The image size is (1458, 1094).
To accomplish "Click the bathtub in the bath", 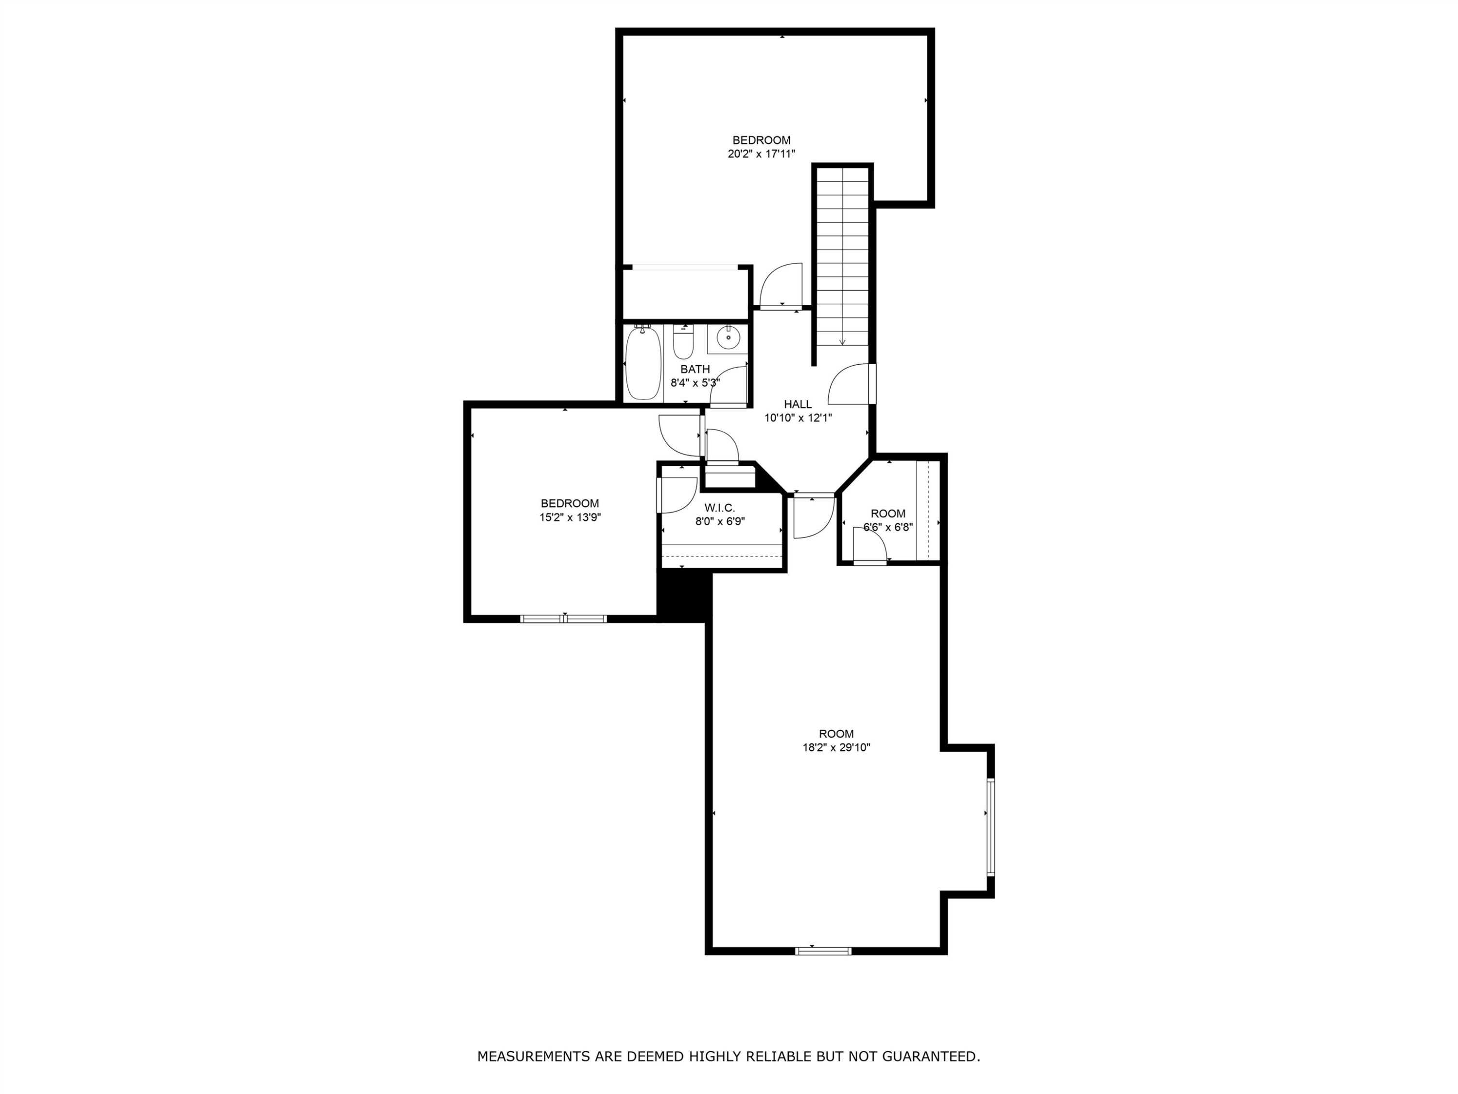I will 642,364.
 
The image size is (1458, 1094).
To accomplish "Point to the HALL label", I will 798,404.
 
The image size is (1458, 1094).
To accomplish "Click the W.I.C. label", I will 719,508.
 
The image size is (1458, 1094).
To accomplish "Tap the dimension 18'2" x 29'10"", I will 836,748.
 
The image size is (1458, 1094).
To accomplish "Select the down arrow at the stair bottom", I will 842,341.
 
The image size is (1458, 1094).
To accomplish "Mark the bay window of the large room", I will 990,827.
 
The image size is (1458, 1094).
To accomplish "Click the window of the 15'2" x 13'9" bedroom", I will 564,618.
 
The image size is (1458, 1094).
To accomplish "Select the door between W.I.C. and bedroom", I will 677,494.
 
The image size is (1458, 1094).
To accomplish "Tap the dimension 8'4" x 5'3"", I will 694,383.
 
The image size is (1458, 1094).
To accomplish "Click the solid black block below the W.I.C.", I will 684,596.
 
